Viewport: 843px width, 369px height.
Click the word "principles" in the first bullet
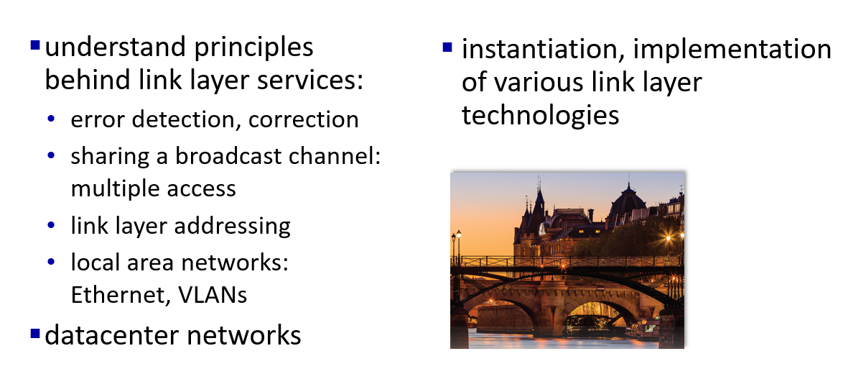(x=253, y=47)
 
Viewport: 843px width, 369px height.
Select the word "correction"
(x=303, y=119)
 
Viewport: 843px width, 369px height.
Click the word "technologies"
(x=540, y=115)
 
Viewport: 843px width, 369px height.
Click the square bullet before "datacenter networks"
(x=35, y=334)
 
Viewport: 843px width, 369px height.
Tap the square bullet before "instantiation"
(x=447, y=47)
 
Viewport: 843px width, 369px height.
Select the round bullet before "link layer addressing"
(x=51, y=226)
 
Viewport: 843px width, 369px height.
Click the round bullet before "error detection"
(x=51, y=119)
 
